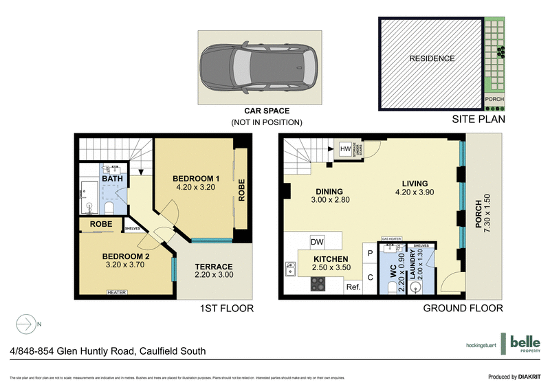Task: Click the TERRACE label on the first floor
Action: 213,267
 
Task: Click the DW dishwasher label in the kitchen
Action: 317,242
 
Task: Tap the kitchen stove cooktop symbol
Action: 319,283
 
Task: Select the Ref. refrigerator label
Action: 353,287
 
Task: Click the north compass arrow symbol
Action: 25,323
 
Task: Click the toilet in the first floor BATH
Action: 109,208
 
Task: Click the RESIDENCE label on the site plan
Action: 432,58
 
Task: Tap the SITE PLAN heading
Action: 478,120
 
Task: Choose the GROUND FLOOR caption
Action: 462,309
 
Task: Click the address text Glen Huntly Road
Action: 103,351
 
